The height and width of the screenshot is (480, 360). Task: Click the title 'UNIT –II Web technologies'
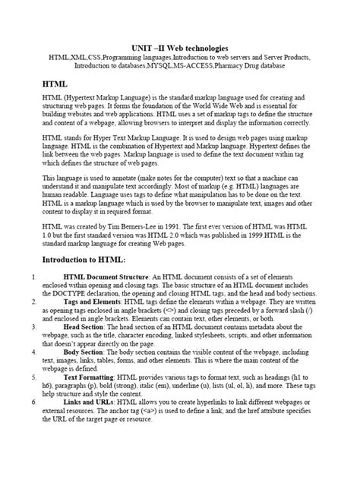(180, 47)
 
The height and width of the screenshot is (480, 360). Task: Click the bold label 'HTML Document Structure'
(106, 278)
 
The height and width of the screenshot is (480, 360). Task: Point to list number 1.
(28, 278)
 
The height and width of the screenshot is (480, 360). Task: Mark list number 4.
(28, 353)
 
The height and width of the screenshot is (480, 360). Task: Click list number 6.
(28, 402)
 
